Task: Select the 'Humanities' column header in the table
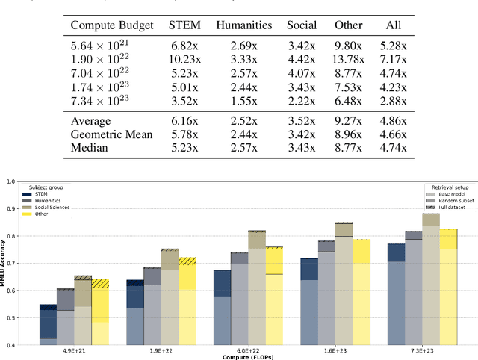[x=244, y=25]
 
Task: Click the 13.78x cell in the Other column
[x=349, y=59]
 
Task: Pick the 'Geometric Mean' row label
[x=111, y=134]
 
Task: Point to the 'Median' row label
[x=90, y=148]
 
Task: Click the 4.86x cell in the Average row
[x=393, y=120]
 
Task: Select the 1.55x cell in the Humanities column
[x=244, y=100]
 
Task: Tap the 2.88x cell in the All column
[x=393, y=100]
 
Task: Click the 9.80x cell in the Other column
[x=349, y=46]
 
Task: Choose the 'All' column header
[x=393, y=25]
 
